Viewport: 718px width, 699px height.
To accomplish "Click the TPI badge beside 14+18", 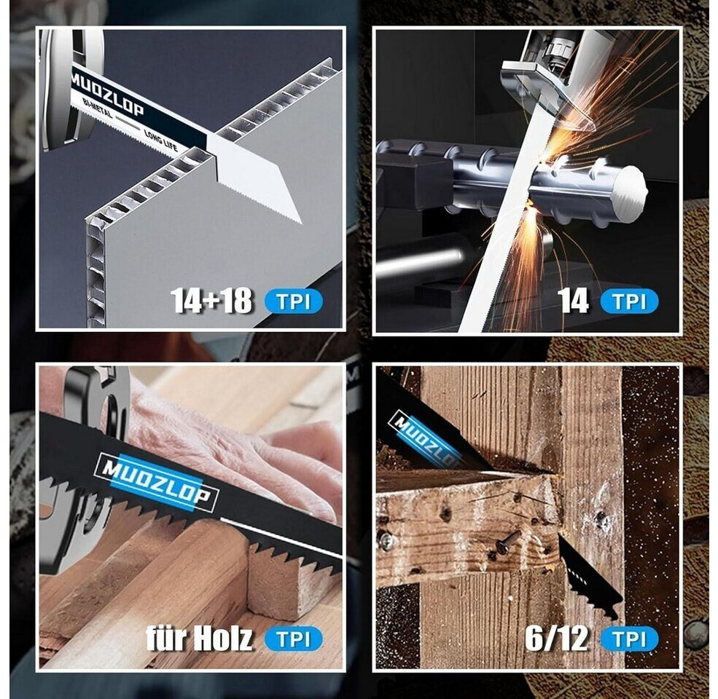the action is pyautogui.click(x=294, y=301).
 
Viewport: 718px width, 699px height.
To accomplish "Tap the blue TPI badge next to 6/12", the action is pyautogui.click(x=630, y=639).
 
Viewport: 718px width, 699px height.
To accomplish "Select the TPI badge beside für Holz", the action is pyautogui.click(x=294, y=639).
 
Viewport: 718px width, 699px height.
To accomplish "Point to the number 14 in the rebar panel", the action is pyautogui.click(x=572, y=301).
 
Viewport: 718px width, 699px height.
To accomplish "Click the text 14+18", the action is pyautogui.click(x=211, y=301).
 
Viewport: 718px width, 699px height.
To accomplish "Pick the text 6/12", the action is pyautogui.click(x=556, y=638).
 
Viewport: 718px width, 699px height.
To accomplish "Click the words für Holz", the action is pyautogui.click(x=199, y=638).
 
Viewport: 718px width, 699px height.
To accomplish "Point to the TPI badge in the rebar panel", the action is pyautogui.click(x=630, y=301).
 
